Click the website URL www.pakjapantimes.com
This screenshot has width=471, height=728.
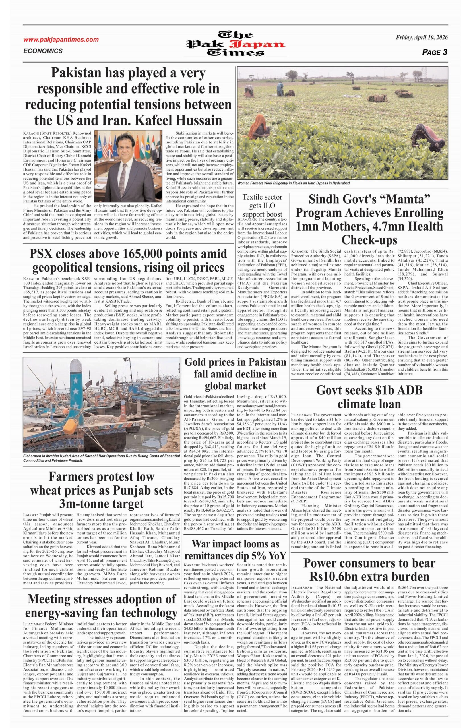click(x=61, y=40)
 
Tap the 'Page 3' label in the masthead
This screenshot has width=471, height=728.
click(x=434, y=52)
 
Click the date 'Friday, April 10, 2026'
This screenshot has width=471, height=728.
click(x=422, y=38)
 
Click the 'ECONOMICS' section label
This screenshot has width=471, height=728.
click(x=43, y=51)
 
